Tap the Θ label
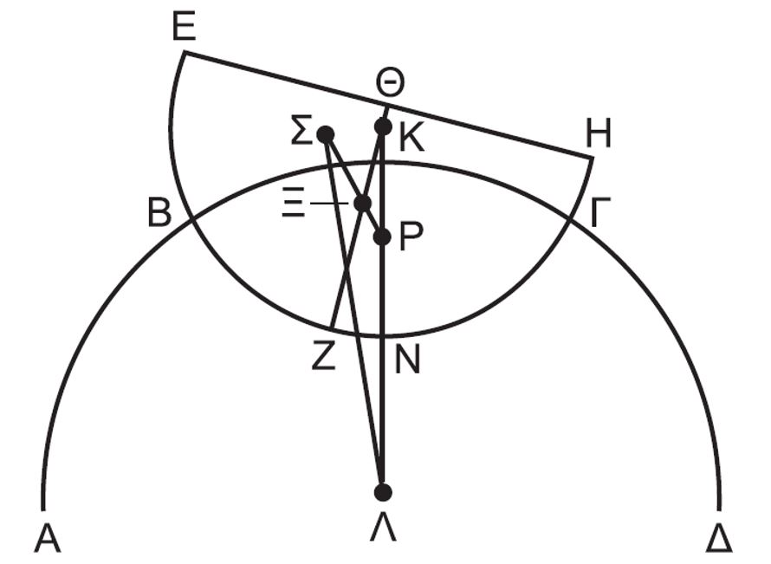390,83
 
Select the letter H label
599,133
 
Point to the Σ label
301,130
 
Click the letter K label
411,139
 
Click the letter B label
159,212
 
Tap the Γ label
599,212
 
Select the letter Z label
323,355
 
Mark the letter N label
407,360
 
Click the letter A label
48,538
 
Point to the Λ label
383,528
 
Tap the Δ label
719,538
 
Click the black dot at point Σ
326,133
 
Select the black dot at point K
383,126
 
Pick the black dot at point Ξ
363,203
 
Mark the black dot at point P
382,237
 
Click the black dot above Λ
383,492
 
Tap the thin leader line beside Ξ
329,203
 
